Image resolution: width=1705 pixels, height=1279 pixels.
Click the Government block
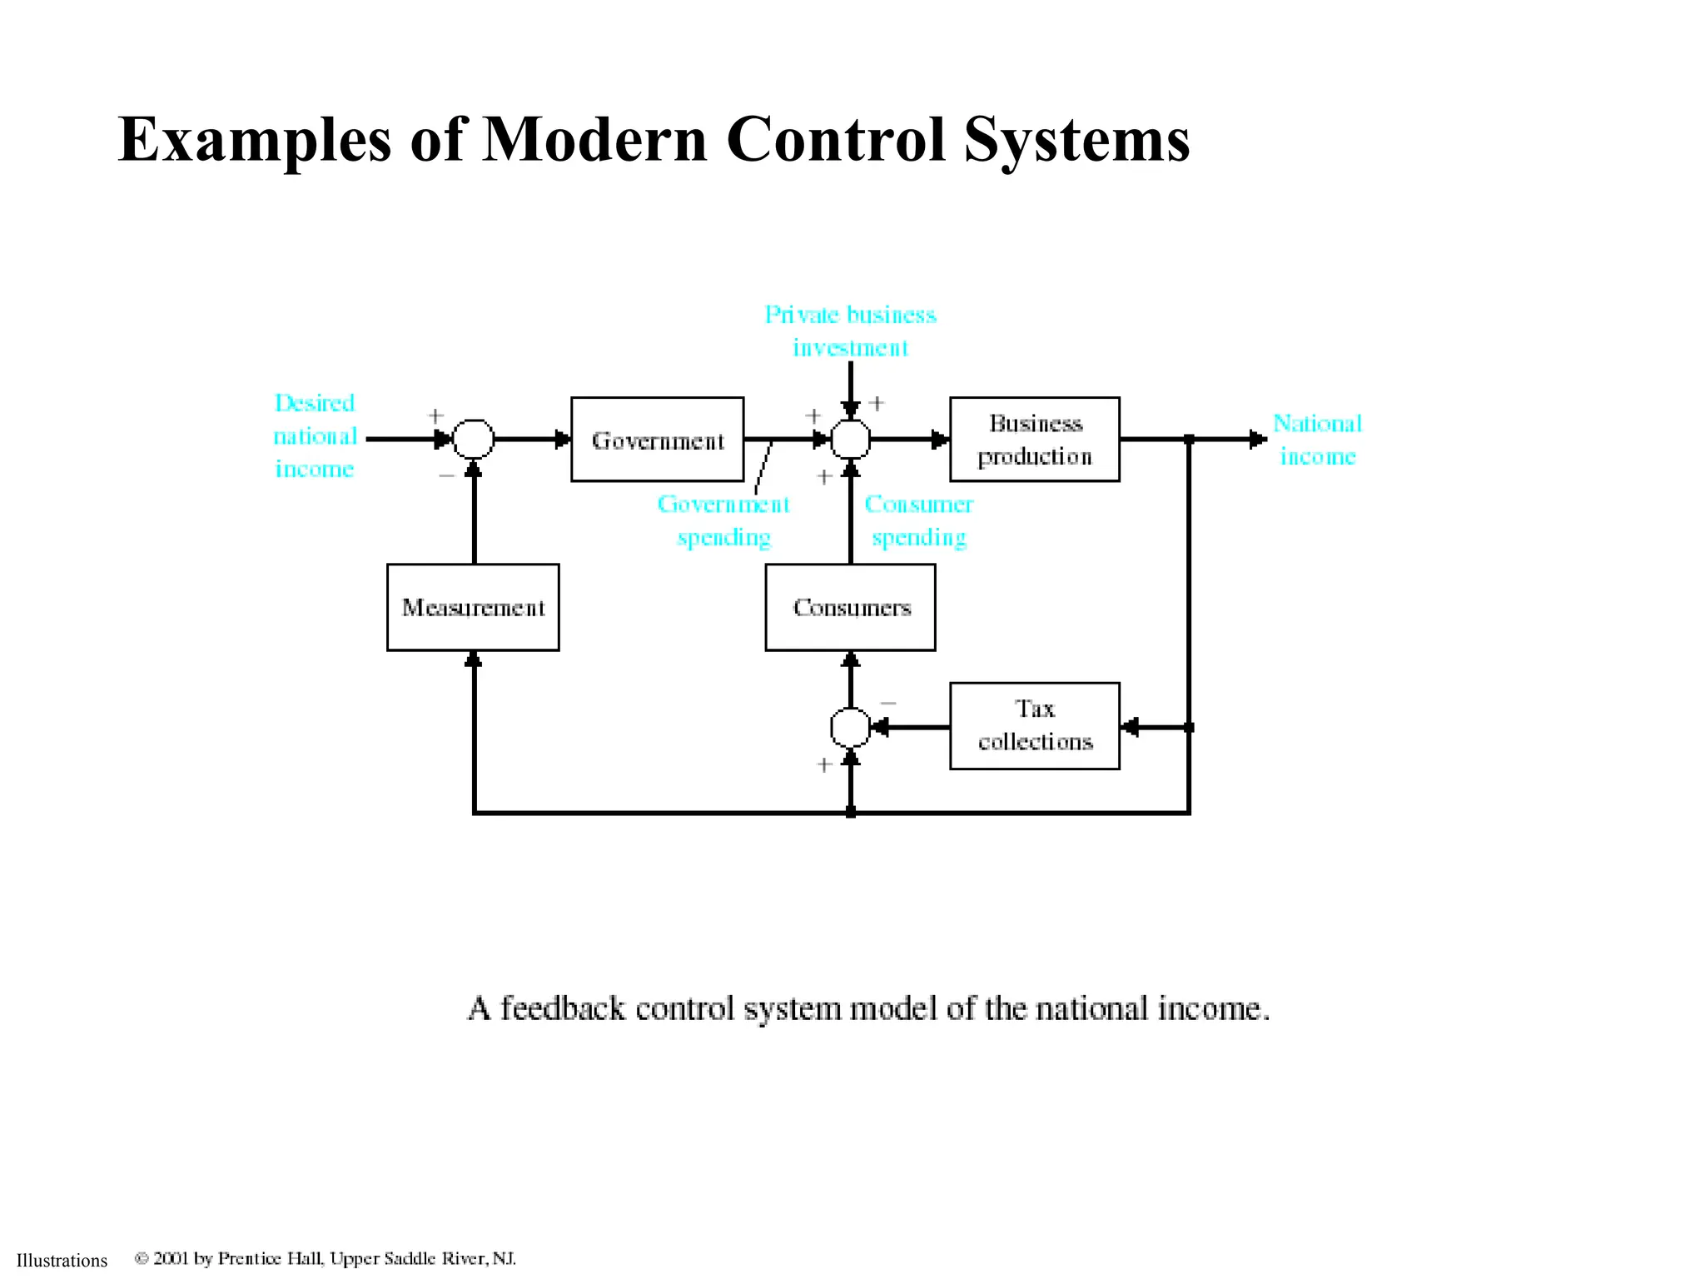(x=657, y=440)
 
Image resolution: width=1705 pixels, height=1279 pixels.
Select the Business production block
(x=1034, y=440)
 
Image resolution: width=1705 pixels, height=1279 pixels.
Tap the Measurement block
(x=473, y=608)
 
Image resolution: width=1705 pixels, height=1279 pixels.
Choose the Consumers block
(x=850, y=608)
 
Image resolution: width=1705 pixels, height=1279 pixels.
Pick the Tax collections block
(x=1034, y=726)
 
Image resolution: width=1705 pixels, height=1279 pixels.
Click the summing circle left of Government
(x=473, y=439)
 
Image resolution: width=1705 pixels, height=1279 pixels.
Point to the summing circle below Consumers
(x=850, y=728)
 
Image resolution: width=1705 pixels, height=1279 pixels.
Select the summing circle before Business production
(x=850, y=439)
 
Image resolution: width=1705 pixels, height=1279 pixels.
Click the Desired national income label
(x=315, y=436)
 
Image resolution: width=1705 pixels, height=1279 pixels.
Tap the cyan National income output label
(x=1317, y=440)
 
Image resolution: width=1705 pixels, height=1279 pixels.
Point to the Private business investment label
(x=850, y=331)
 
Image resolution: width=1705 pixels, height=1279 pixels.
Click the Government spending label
(x=723, y=520)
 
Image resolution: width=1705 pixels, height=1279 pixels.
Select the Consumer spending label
(x=918, y=520)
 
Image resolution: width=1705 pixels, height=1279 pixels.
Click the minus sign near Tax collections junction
(x=888, y=704)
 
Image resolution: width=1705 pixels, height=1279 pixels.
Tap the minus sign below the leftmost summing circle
(x=446, y=475)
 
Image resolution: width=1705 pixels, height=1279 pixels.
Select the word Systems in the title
(x=1077, y=139)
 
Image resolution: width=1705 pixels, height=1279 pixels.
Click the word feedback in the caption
(x=562, y=1008)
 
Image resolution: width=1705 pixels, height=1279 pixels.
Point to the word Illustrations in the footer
(x=62, y=1261)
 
